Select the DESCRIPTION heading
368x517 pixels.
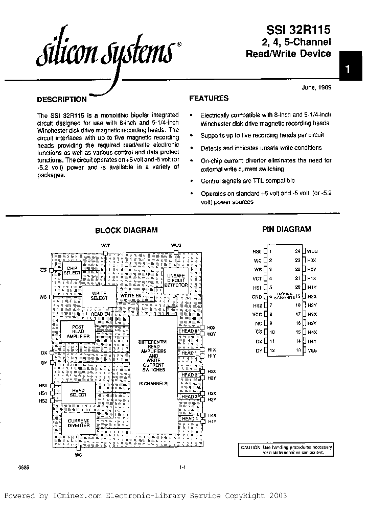[x=62, y=100]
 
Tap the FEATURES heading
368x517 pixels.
[x=209, y=98]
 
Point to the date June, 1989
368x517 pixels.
[x=317, y=87]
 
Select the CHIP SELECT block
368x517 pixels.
[x=72, y=270]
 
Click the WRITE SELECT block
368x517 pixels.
[x=99, y=296]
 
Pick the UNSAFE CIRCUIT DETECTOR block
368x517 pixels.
[x=177, y=281]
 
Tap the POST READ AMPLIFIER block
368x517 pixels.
[x=78, y=333]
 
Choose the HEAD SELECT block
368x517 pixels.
[x=78, y=393]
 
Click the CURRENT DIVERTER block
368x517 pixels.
[x=78, y=423]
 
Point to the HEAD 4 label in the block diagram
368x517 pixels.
[x=189, y=418]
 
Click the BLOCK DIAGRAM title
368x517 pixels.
[x=126, y=230]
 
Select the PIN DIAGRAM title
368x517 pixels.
[x=286, y=229]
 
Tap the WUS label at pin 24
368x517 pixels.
[x=312, y=251]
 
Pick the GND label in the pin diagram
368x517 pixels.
[x=257, y=296]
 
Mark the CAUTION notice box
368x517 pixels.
[x=286, y=450]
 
